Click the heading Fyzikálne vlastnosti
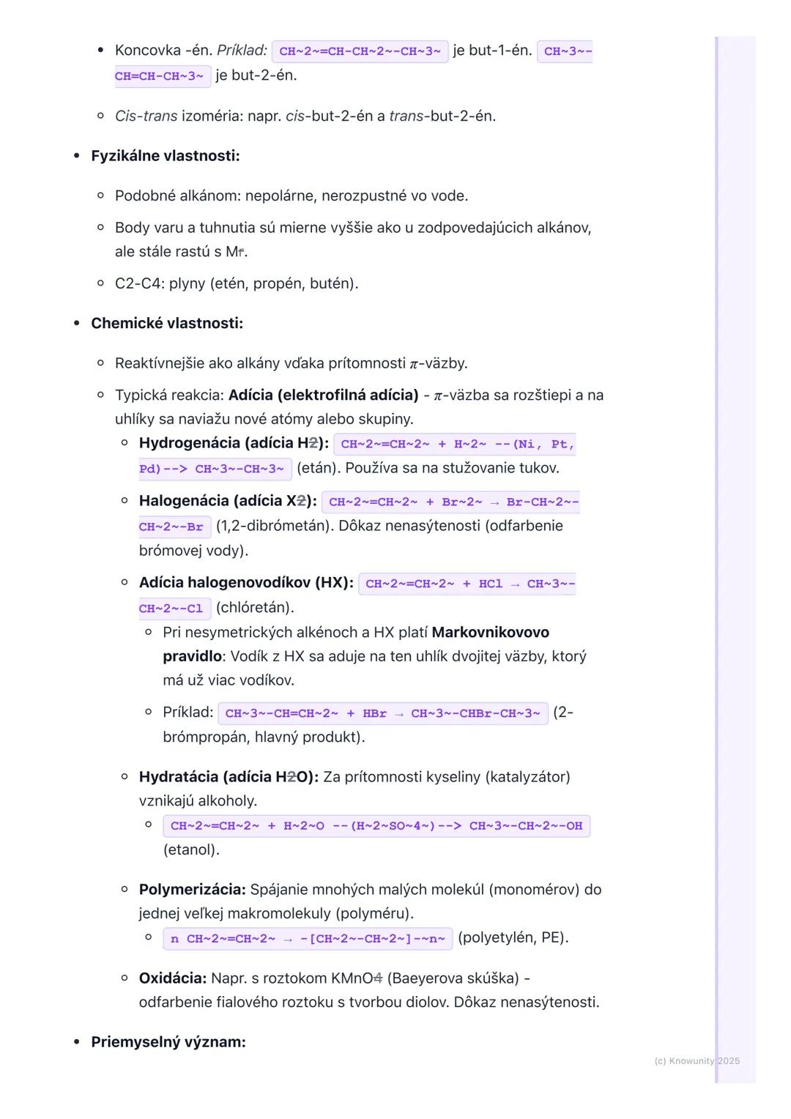point(165,156)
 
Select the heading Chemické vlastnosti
point(167,323)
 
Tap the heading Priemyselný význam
point(168,1041)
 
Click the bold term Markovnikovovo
point(491,632)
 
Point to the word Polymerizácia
point(192,889)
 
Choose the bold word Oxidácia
point(173,978)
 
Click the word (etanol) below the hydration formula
point(191,850)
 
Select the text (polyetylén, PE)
point(513,937)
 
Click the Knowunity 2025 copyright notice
point(697,1060)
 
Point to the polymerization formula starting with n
point(308,939)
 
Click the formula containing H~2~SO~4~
point(376,826)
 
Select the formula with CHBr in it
point(382,713)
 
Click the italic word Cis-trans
point(146,116)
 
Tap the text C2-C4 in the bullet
point(138,283)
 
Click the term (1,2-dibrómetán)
point(272,525)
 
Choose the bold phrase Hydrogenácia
point(190,442)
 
